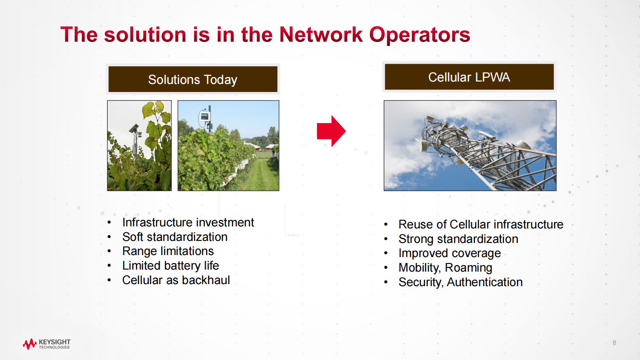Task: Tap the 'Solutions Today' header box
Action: (x=193, y=79)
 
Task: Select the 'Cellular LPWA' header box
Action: (x=469, y=77)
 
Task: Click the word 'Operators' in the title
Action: (x=420, y=35)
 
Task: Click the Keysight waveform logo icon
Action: (x=30, y=344)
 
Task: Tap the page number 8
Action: (x=614, y=343)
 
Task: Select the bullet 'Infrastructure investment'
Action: (x=188, y=222)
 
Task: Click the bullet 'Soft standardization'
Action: (x=175, y=237)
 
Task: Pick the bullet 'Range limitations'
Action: (x=168, y=251)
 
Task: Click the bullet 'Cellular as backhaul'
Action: (x=176, y=280)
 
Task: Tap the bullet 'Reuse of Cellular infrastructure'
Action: (x=481, y=224)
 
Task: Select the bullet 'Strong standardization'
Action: (x=458, y=239)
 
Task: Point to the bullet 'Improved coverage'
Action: (x=450, y=253)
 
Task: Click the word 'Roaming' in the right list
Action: (x=469, y=268)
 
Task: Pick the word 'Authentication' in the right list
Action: (x=485, y=282)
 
